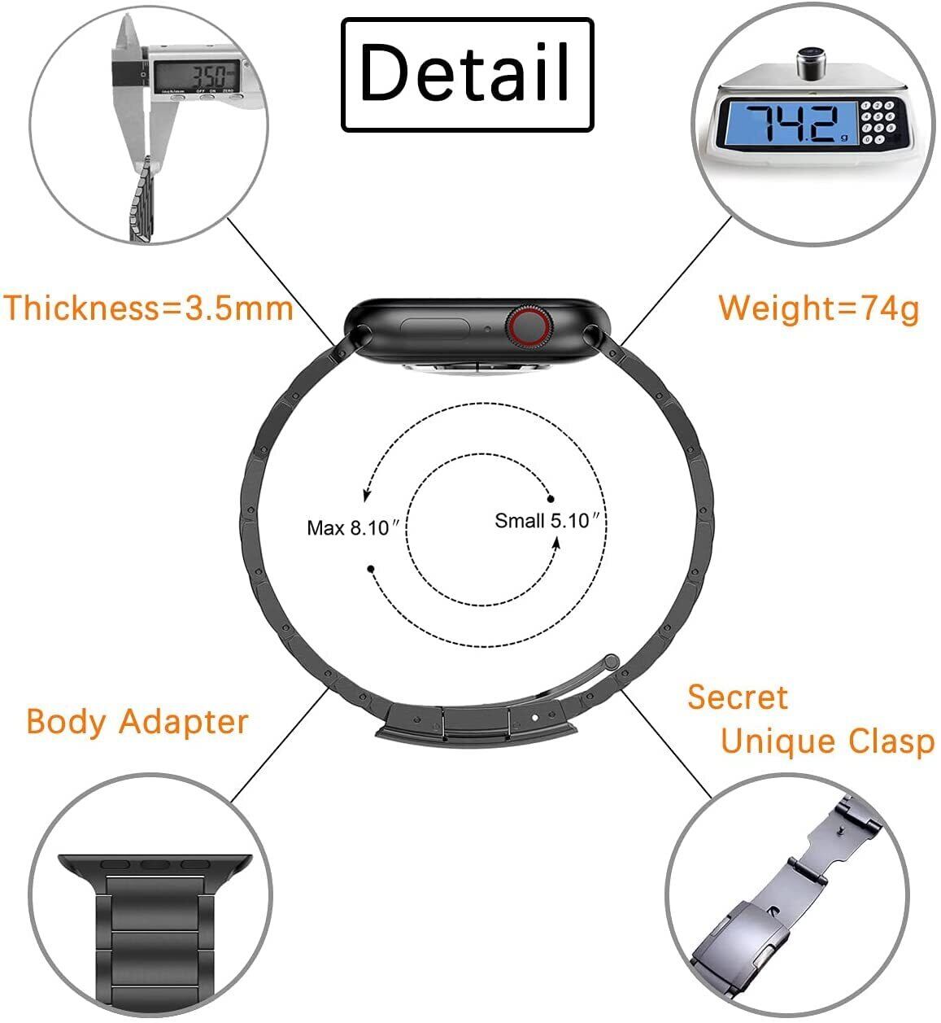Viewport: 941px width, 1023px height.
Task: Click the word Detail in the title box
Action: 466,74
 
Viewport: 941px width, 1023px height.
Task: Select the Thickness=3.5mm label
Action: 148,308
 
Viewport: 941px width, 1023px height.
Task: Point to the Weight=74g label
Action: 818,308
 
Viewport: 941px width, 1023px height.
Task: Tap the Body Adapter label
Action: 137,722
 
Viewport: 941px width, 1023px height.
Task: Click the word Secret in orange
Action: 738,697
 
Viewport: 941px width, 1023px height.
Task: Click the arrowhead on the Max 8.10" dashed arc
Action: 367,495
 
